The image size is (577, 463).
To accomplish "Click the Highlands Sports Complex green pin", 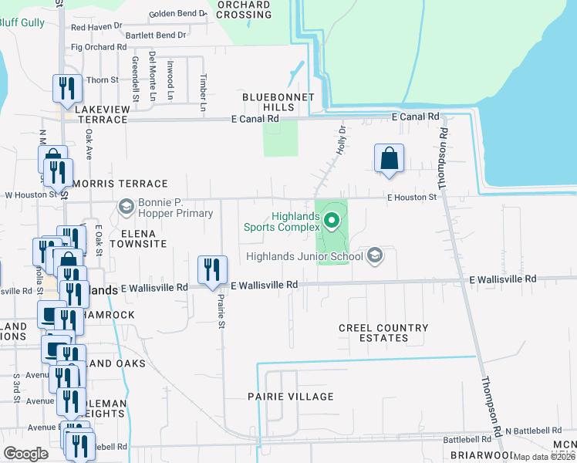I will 332,221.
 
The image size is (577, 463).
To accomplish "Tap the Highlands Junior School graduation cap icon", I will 375,255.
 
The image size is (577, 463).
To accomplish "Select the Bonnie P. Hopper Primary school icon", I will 126,207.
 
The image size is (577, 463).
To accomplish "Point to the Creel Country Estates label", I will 383,333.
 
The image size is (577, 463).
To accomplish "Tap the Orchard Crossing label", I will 244,9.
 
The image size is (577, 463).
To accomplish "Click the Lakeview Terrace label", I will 101,115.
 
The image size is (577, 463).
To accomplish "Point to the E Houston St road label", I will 411,198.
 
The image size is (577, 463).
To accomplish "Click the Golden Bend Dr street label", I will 179,14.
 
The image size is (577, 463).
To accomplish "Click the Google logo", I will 26,454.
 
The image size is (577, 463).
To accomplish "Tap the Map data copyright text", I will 544,457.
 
